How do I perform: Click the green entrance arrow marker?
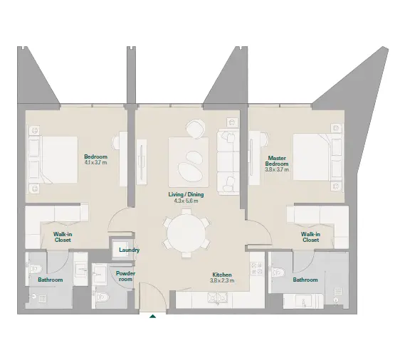(152, 317)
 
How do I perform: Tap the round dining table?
(186, 233)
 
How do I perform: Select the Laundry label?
(130, 250)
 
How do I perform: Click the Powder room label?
(125, 276)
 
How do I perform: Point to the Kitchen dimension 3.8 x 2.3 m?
(222, 281)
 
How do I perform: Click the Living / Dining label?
(186, 194)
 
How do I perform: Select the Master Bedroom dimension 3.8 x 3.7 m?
(277, 169)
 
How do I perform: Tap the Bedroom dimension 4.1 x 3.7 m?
(95, 162)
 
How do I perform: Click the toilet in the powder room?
(102, 297)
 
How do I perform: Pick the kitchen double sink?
(217, 297)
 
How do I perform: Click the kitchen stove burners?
(257, 268)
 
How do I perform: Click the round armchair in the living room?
(196, 129)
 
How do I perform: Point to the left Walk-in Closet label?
(63, 237)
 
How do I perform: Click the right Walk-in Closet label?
(310, 237)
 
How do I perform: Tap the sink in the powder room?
(99, 274)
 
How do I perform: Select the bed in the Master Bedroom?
(317, 157)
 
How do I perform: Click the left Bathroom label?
(51, 280)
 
